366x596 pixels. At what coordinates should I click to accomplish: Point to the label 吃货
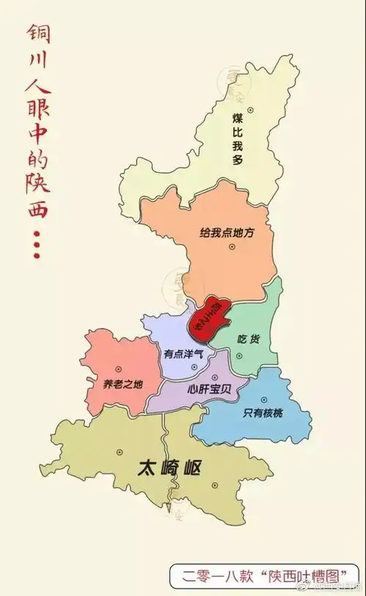pos(249,339)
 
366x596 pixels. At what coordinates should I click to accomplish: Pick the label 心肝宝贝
pos(209,390)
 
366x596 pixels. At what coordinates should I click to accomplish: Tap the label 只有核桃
pos(261,413)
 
